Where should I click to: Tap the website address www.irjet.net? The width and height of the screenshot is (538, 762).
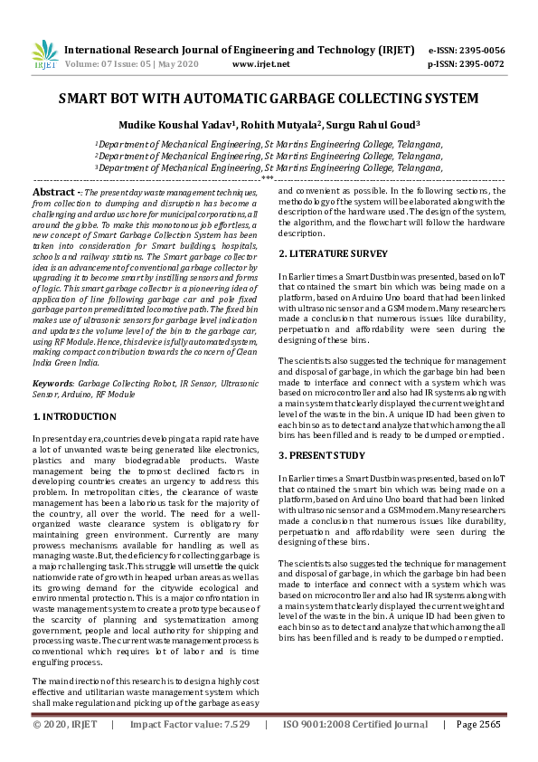click(x=261, y=64)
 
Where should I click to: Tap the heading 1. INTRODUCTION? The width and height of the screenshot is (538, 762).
click(x=74, y=416)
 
